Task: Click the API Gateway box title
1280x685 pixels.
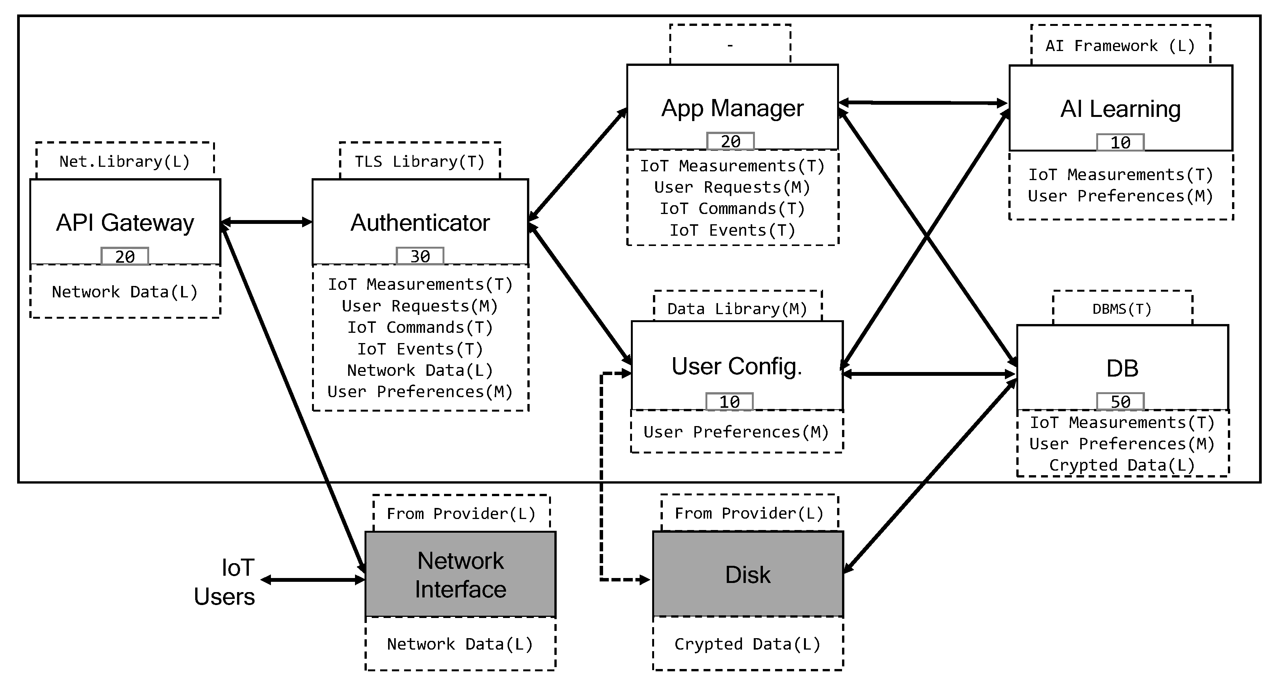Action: click(125, 222)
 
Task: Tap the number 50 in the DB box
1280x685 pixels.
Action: click(1120, 402)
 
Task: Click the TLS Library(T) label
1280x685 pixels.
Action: click(419, 161)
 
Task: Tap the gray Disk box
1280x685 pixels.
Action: click(747, 575)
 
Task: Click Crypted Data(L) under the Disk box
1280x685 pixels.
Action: click(747, 644)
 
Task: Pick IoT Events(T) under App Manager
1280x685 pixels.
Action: click(732, 230)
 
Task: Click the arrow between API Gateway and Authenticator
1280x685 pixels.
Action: click(266, 222)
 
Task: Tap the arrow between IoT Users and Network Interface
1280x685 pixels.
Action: click(313, 580)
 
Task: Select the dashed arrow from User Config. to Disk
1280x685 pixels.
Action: click(602, 477)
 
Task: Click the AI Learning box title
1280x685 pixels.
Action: click(1120, 109)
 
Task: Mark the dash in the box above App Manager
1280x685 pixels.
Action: click(729, 46)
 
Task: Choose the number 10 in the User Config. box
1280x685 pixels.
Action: click(729, 402)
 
